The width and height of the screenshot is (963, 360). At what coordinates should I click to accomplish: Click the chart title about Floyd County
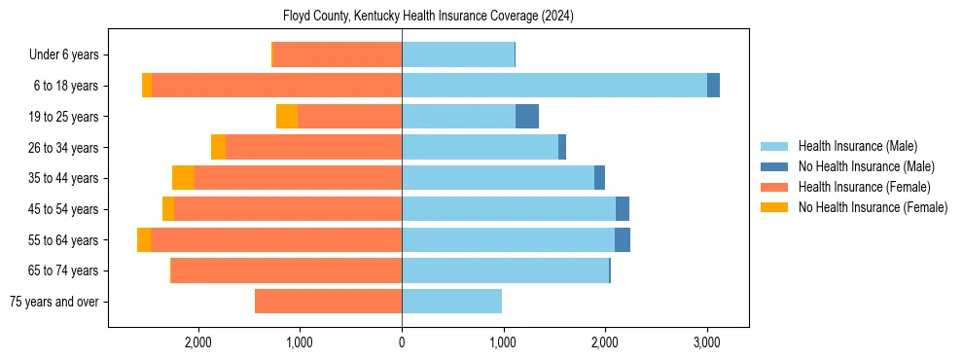[x=429, y=17]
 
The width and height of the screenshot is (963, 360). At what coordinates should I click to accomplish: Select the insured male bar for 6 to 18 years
[x=553, y=86]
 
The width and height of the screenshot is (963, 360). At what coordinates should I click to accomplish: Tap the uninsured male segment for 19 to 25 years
[x=526, y=117]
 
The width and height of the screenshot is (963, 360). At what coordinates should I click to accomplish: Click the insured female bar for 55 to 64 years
[x=276, y=240]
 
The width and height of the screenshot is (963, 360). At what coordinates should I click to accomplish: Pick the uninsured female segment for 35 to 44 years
[x=183, y=178]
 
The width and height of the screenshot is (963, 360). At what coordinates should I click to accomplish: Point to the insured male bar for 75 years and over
[x=451, y=302]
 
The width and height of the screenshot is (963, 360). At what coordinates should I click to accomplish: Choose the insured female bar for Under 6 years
[x=338, y=54]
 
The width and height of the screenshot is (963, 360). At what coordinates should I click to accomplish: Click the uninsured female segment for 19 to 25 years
[x=287, y=117]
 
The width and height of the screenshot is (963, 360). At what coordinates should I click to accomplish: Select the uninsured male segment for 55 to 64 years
[x=622, y=240]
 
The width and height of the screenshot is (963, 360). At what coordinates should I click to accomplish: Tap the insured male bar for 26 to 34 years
[x=480, y=147]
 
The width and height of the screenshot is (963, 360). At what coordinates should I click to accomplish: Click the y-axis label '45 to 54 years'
[x=64, y=209]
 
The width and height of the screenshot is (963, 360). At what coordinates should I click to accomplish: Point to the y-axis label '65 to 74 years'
[x=64, y=270]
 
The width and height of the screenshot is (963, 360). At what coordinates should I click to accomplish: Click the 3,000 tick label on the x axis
[x=706, y=342]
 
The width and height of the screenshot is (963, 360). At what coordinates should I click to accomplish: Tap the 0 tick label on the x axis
[x=402, y=342]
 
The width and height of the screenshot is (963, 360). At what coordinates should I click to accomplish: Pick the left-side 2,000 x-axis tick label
[x=197, y=342]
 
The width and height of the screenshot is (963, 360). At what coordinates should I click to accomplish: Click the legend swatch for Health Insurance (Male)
[x=774, y=146]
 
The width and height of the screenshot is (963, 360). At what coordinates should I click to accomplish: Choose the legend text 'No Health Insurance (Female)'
[x=873, y=207]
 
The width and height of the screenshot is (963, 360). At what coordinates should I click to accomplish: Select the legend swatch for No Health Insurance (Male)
[x=774, y=166]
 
